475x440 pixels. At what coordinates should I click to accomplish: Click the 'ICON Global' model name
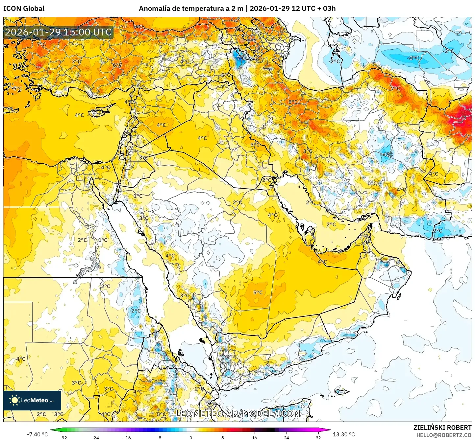click(24, 9)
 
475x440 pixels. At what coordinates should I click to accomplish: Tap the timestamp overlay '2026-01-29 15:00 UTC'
click(58, 32)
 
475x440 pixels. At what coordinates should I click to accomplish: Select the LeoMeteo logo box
click(32, 400)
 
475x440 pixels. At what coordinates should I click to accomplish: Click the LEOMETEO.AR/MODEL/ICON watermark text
click(238, 413)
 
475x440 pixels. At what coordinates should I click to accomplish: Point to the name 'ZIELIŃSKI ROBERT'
click(442, 428)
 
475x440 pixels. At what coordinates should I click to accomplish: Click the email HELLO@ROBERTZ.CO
click(444, 435)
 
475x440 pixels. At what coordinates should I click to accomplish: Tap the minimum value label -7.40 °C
click(37, 434)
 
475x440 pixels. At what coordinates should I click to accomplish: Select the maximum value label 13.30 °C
click(344, 434)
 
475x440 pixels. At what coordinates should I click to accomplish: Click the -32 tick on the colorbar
click(63, 437)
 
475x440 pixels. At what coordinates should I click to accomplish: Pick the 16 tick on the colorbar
click(254, 437)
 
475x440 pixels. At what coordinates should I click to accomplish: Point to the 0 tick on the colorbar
click(191, 437)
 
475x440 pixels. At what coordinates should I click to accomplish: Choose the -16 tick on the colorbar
click(127, 437)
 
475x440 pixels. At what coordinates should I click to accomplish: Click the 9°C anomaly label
click(138, 27)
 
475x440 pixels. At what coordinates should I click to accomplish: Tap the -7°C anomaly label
click(241, 58)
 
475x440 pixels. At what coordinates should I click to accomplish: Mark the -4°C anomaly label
click(387, 154)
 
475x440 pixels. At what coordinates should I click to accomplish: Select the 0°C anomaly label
click(372, 183)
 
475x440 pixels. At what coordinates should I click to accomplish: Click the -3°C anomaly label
click(413, 58)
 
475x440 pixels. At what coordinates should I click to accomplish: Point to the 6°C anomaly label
click(117, 65)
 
